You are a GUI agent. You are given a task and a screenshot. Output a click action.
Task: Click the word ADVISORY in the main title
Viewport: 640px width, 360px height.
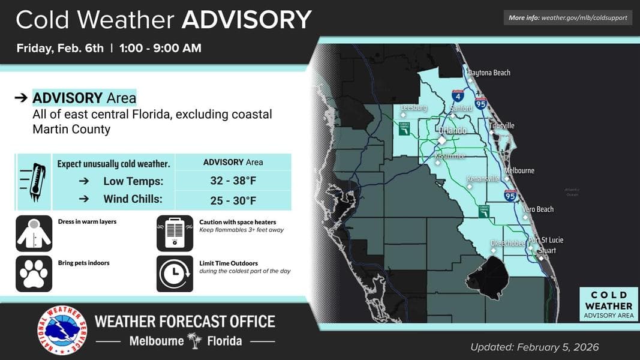[247, 20]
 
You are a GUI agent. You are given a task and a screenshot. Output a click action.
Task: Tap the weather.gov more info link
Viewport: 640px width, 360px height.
[567, 18]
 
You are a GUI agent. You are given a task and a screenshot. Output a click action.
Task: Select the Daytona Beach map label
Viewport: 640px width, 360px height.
[489, 73]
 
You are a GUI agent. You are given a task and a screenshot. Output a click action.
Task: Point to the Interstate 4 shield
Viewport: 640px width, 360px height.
[458, 95]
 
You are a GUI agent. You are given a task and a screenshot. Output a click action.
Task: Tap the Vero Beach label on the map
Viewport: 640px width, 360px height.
[538, 209]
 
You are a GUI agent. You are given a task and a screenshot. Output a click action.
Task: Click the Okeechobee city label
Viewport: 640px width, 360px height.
[508, 243]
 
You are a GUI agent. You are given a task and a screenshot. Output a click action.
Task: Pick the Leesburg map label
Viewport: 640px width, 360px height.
[414, 107]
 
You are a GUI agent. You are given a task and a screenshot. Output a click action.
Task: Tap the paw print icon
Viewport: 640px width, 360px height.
[34, 274]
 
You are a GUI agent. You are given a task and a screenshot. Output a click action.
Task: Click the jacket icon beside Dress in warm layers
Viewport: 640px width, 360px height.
[34, 233]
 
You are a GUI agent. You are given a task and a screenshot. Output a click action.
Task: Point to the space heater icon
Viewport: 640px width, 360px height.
[175, 233]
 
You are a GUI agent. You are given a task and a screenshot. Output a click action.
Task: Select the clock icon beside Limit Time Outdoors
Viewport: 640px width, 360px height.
[175, 274]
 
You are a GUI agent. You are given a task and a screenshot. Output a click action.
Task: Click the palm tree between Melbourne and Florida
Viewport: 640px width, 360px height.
[194, 341]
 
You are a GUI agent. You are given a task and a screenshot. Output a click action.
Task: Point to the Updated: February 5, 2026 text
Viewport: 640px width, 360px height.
[534, 347]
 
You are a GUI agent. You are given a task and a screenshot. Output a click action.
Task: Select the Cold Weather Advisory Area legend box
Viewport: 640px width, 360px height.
[608, 305]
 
